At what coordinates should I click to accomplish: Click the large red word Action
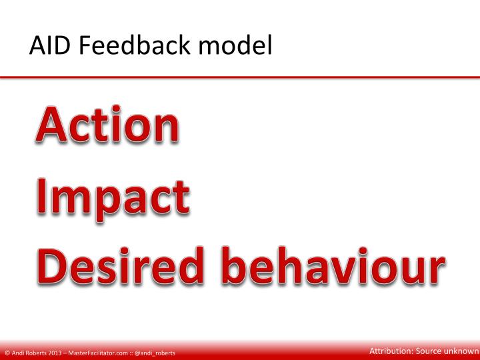tap(107, 125)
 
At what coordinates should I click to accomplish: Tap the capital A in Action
tap(52, 125)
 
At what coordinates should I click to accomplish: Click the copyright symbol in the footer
tap(6, 353)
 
